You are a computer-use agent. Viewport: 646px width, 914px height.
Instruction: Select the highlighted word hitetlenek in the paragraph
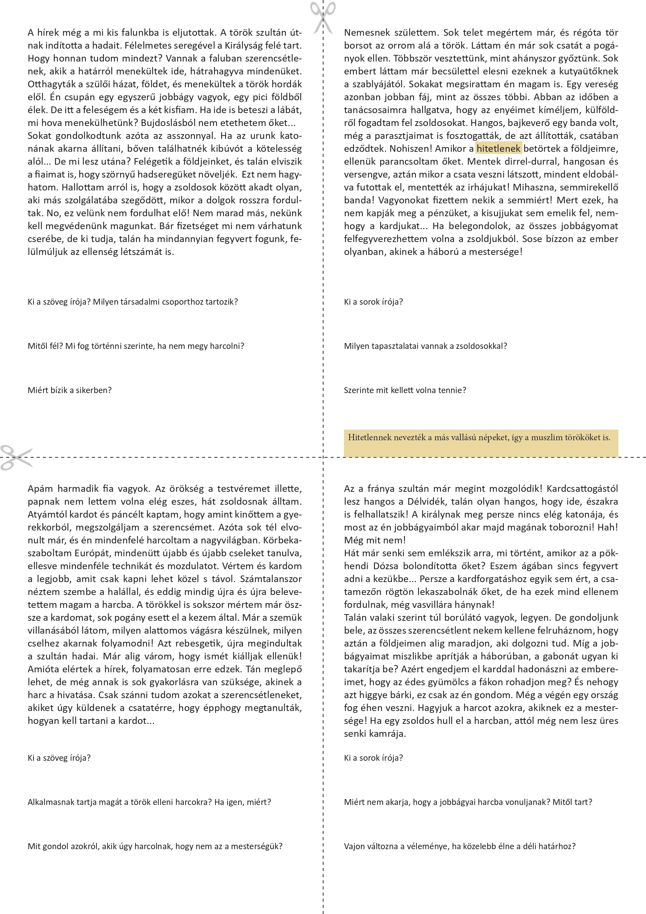pos(498,149)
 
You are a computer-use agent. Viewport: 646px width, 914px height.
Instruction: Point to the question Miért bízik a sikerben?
pos(70,390)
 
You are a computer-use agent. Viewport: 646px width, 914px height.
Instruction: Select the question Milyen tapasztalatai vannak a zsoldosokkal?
pos(425,346)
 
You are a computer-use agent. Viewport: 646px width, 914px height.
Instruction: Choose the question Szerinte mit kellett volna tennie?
pos(405,390)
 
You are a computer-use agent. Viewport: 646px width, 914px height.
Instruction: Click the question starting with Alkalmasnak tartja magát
pos(149,802)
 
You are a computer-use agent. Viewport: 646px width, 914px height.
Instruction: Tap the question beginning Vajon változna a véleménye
pos(459,846)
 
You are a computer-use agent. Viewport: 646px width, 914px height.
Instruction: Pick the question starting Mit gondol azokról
pos(155,846)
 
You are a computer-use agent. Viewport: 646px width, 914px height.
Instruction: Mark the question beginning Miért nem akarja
pos(468,802)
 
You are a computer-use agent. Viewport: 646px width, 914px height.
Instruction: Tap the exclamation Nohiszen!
pos(410,149)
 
